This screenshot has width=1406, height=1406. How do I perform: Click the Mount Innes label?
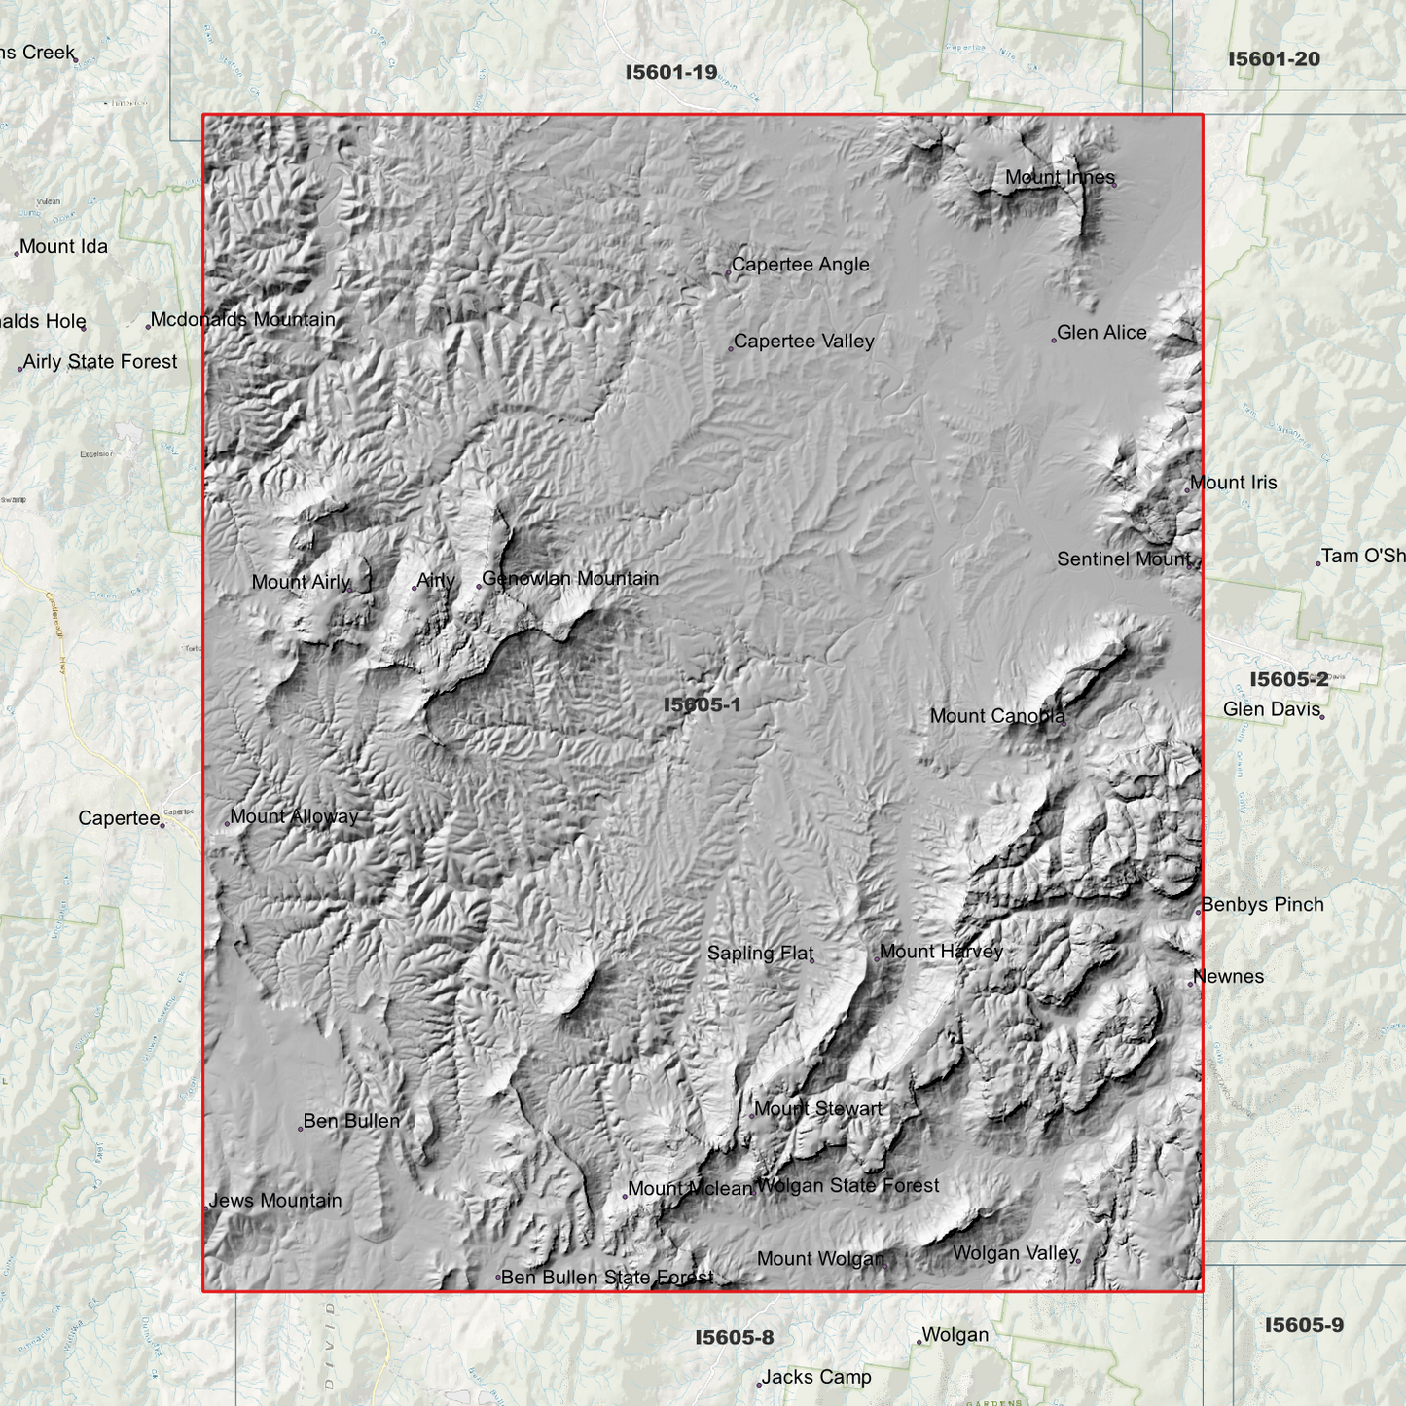1060,177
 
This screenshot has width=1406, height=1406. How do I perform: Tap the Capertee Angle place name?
800,265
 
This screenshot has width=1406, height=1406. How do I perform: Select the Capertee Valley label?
804,342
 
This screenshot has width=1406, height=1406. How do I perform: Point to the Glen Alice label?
1101,333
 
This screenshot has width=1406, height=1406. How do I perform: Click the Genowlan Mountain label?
570,579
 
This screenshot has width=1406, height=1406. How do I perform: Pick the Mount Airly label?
301,582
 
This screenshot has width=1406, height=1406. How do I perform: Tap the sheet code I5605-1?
702,704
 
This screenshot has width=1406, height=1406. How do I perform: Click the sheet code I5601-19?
671,72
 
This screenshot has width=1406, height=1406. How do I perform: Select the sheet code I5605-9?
1304,1325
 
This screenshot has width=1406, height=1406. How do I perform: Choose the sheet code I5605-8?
735,1338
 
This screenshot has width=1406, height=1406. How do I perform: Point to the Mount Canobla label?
997,716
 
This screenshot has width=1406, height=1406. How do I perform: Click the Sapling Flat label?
760,954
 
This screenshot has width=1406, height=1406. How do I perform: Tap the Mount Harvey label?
941,952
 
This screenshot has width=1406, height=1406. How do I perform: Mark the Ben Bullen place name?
351,1121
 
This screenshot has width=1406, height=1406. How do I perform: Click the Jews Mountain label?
275,1201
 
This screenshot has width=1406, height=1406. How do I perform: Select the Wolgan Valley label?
1015,1253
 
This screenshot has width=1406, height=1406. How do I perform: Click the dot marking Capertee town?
162,825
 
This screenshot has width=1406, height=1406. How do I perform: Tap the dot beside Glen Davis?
1322,717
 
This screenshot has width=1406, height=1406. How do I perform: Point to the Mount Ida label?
63,247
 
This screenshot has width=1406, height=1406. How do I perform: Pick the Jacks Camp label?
816,1377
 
